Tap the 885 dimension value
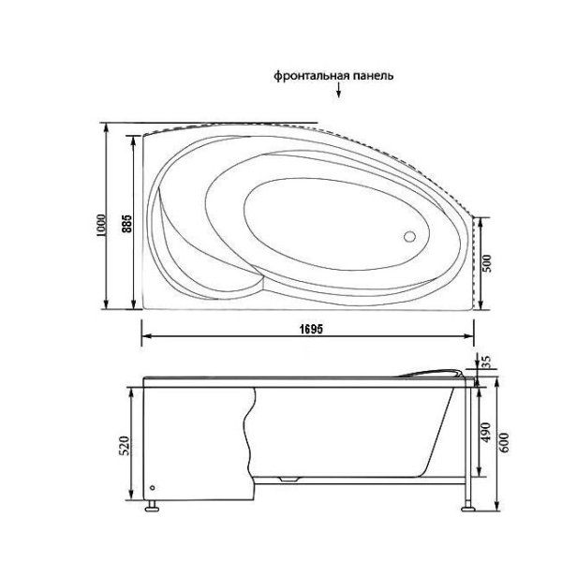[126, 226]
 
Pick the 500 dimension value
[487, 264]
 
